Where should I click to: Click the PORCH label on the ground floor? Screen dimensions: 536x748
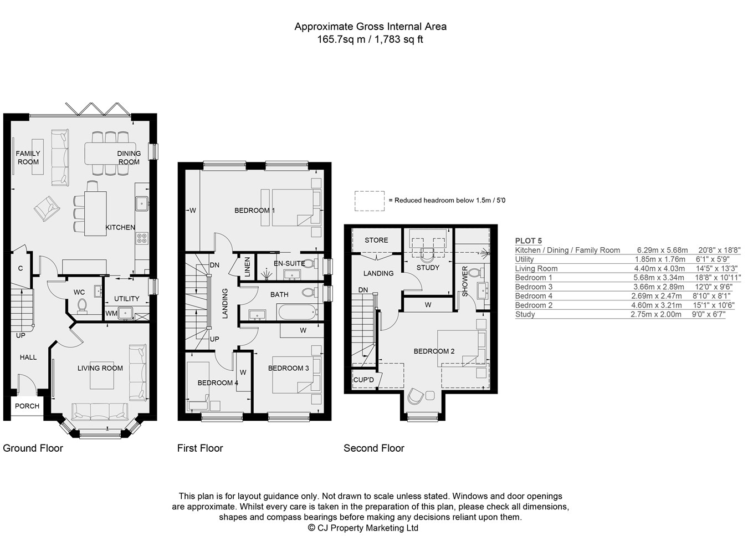point(27,406)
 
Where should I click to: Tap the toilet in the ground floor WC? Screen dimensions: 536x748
point(83,306)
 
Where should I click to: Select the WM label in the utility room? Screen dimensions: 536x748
point(111,314)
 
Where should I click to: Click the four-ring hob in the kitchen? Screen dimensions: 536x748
point(142,238)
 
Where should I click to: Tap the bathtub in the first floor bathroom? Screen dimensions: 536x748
point(297,312)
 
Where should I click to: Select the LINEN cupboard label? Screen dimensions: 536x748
point(248,267)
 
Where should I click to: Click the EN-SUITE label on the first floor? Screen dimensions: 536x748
point(289,263)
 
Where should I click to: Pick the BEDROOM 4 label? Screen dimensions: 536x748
point(217,382)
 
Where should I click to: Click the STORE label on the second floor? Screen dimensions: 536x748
point(376,240)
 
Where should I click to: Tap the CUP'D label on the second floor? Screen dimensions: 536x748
point(363,380)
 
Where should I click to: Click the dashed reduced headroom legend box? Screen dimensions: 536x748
point(369,201)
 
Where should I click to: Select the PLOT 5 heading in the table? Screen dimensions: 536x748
point(528,241)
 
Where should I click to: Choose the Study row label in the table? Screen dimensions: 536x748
point(525,314)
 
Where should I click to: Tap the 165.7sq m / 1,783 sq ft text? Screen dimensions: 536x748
point(370,39)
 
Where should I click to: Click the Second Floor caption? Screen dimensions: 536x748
point(373,448)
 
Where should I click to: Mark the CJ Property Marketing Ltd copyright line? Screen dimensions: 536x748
point(363,528)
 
